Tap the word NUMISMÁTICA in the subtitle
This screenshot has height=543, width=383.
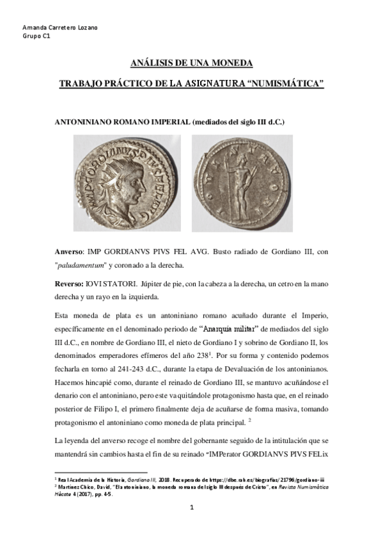pyautogui.click(x=288, y=84)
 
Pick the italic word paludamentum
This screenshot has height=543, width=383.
pyautogui.click(x=84, y=264)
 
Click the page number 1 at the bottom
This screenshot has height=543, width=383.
pyautogui.click(x=191, y=508)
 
